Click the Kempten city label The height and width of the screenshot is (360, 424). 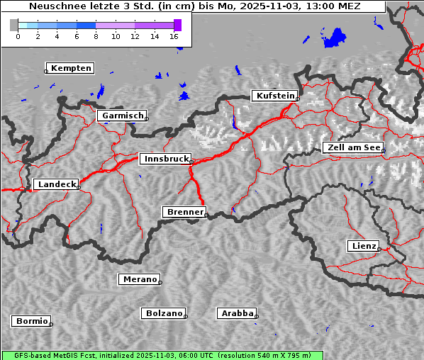(x=71, y=68)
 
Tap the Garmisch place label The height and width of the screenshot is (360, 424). (x=123, y=116)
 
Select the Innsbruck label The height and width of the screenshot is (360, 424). (x=165, y=159)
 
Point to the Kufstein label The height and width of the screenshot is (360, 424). (x=274, y=96)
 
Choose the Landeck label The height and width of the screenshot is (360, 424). (x=56, y=184)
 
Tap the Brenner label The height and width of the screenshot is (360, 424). (x=185, y=212)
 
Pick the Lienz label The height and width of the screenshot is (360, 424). (x=363, y=246)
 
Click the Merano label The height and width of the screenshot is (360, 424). (x=139, y=279)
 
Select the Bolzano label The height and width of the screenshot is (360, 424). (x=164, y=313)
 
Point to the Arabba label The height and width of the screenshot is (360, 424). (x=237, y=313)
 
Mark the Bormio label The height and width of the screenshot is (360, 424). (x=31, y=321)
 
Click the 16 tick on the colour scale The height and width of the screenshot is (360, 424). (x=174, y=35)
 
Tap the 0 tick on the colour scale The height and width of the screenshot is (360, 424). (x=18, y=35)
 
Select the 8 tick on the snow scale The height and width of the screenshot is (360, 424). (x=96, y=35)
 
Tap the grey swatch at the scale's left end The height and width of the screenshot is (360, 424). (x=14, y=25)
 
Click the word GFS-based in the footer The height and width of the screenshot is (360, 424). (x=27, y=355)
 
